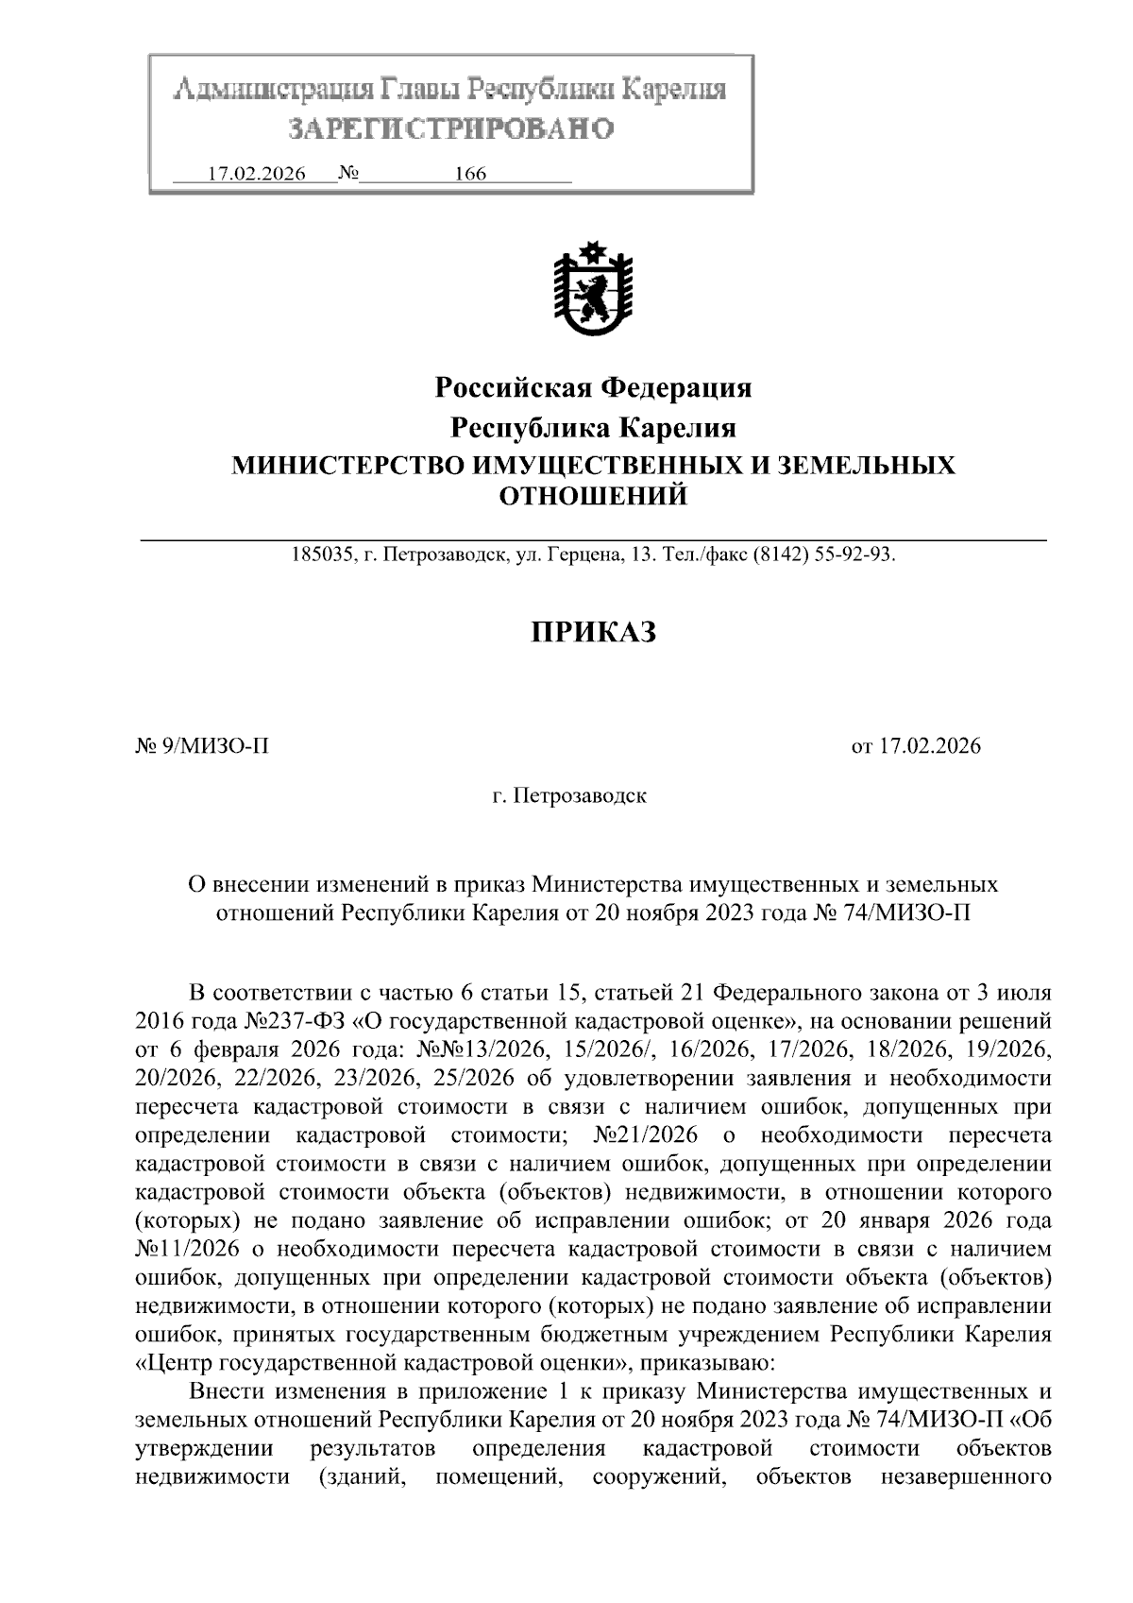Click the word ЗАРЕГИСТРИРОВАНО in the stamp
click(x=450, y=128)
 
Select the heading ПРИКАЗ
click(x=592, y=632)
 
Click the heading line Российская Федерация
click(x=593, y=387)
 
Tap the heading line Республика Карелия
click(x=593, y=428)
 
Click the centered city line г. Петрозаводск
click(x=569, y=796)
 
